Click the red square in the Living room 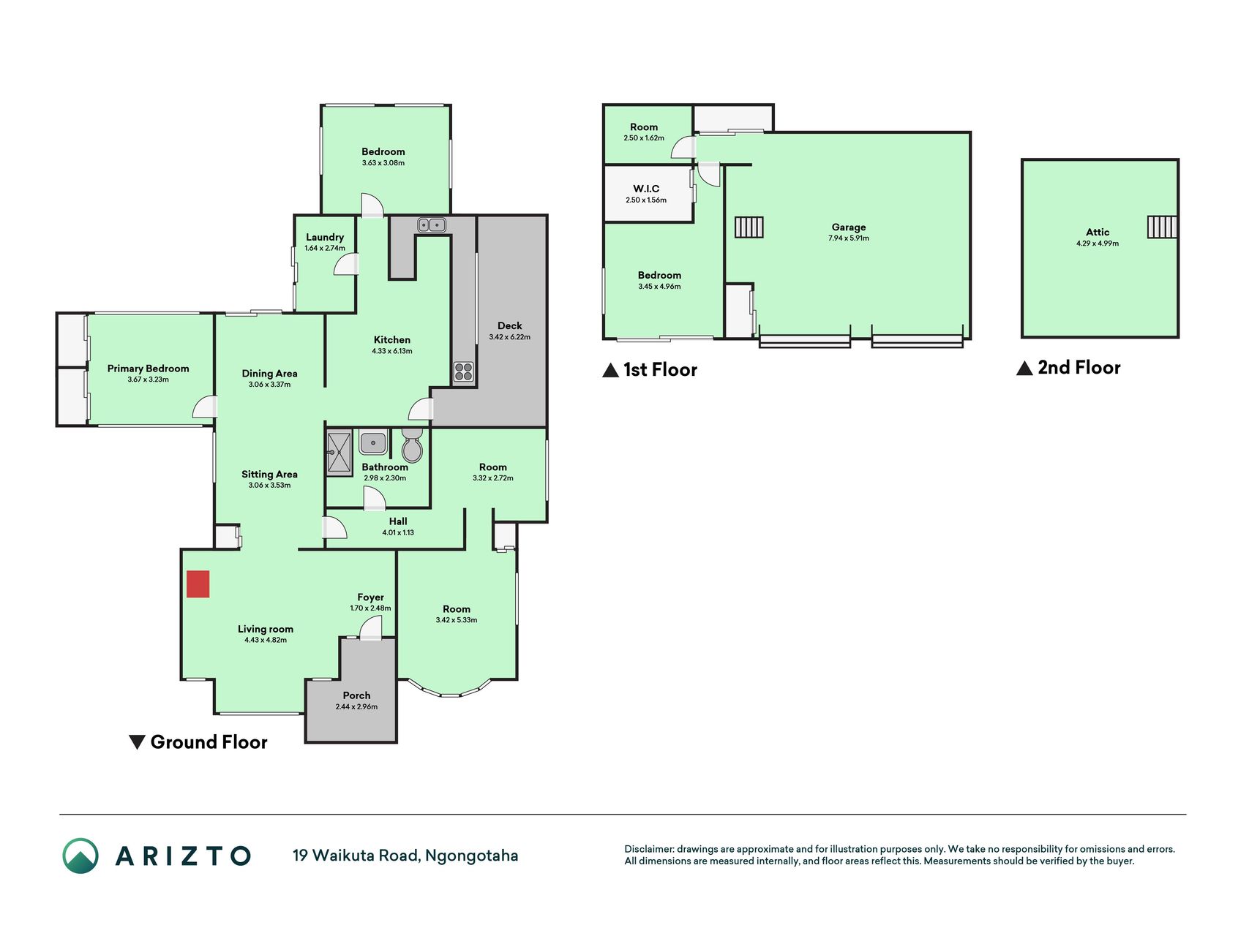[198, 584]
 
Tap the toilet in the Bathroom [412, 445]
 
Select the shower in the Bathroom [340, 453]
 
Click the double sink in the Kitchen [432, 225]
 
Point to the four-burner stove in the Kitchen [463, 372]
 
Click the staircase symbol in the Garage [749, 227]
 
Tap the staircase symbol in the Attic [1162, 227]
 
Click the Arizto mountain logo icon [80, 856]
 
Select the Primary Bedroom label [149, 369]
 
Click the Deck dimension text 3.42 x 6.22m [510, 337]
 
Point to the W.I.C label [646, 189]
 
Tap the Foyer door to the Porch [371, 627]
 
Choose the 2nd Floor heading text [1079, 367]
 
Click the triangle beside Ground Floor [137, 742]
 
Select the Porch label [357, 695]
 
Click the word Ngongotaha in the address [472, 856]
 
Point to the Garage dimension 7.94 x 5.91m [849, 238]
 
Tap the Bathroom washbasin [373, 442]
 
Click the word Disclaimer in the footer [649, 849]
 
